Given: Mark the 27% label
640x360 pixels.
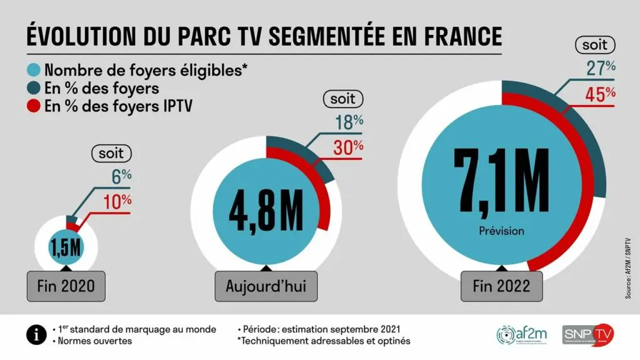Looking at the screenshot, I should coord(601,69).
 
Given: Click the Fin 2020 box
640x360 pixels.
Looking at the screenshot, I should coord(66,286).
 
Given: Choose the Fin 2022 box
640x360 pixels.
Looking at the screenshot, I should coord(502,286).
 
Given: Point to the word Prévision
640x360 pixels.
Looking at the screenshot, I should coord(501,231).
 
